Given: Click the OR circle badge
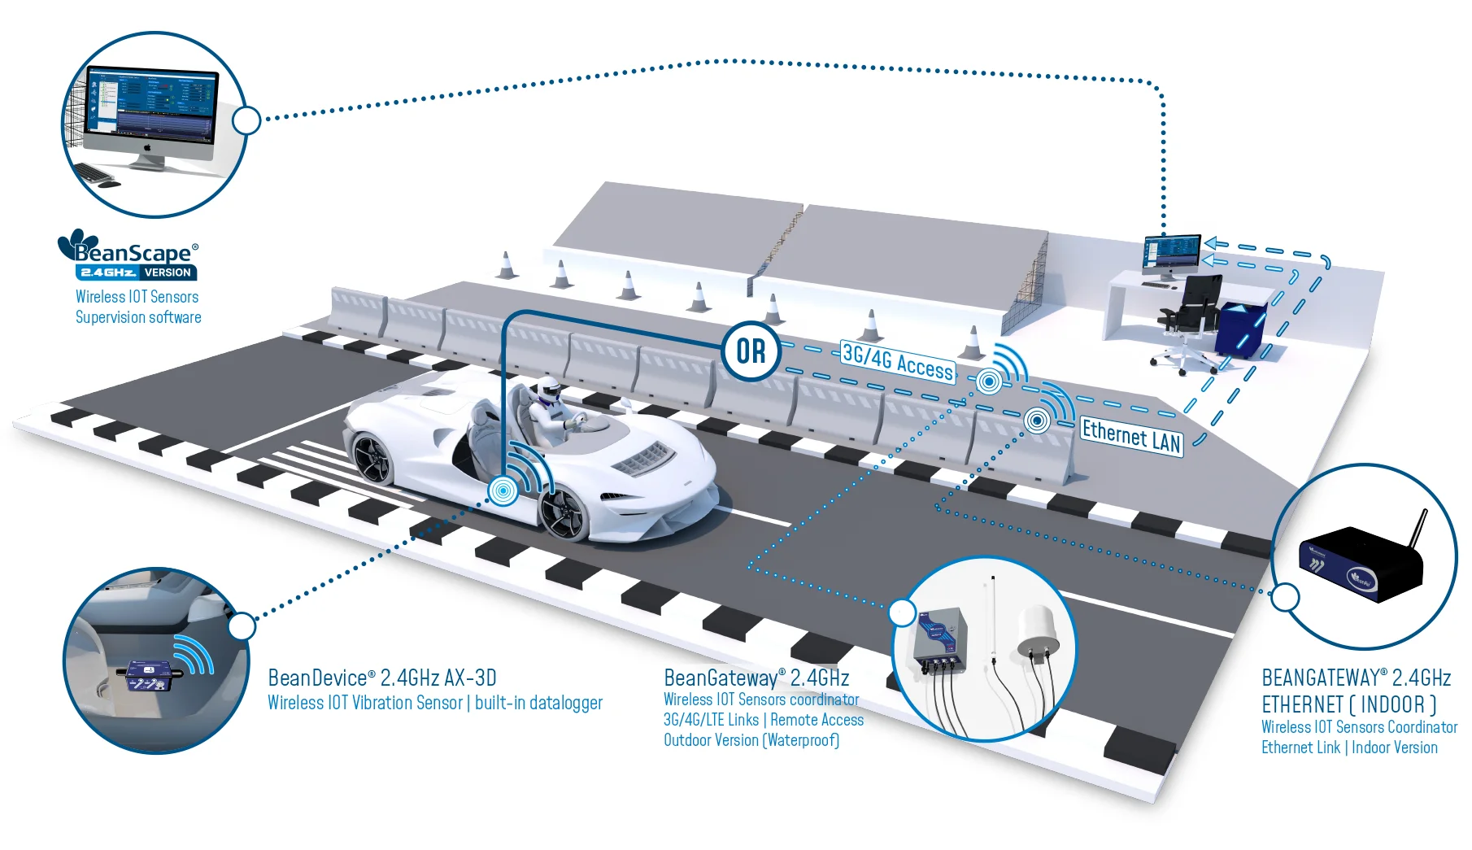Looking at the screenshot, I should point(751,351).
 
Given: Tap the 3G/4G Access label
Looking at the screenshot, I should point(897,363).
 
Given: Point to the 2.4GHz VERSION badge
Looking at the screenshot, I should point(136,273).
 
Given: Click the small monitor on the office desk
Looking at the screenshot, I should point(1171,253).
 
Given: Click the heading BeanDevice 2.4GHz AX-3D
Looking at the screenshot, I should point(382,678).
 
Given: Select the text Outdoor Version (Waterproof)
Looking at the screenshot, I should point(751,740).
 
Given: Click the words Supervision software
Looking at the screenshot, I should point(138,317).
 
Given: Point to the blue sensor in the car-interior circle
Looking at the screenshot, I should point(148,674).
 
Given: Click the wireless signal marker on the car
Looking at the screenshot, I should point(503,490).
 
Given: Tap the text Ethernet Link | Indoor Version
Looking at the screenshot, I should point(1349,748).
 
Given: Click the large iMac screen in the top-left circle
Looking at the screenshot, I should point(152,103).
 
